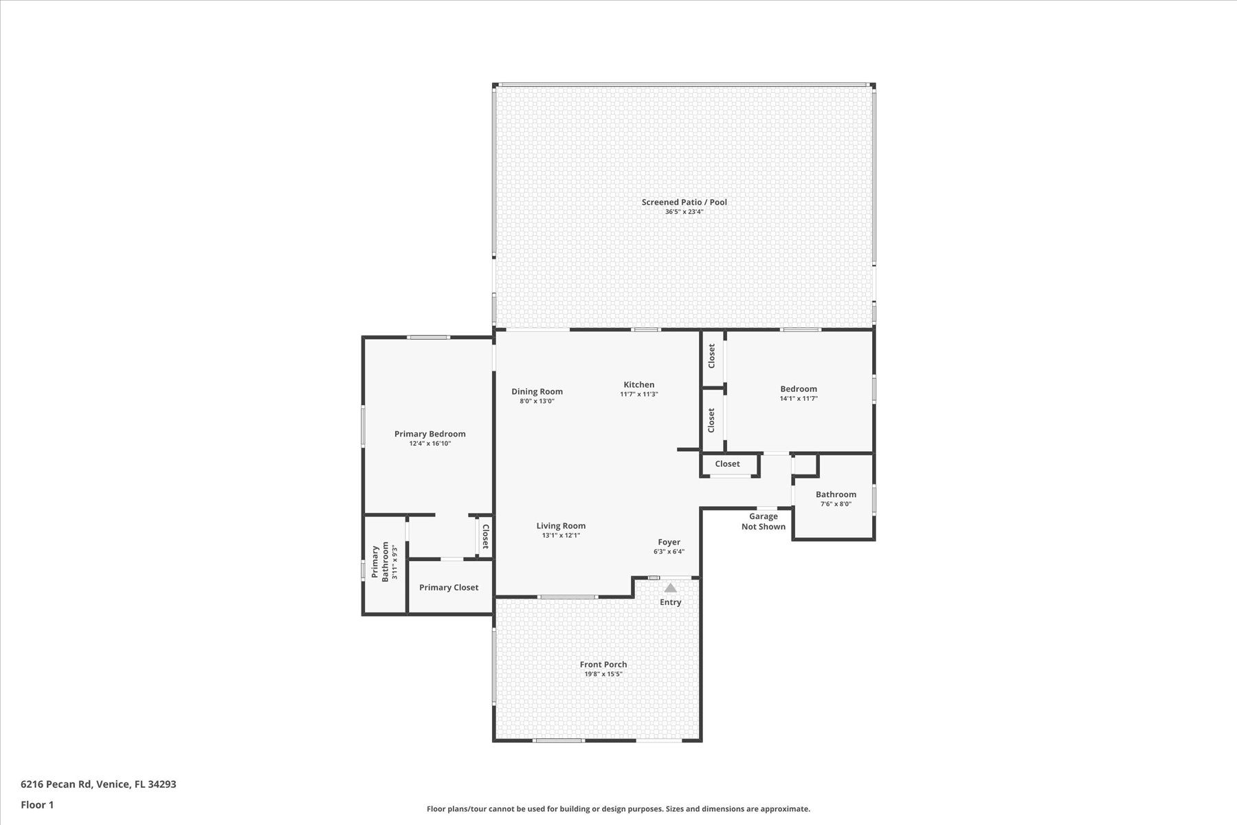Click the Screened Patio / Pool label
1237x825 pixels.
click(x=684, y=202)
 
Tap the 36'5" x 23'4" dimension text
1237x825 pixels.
click(x=684, y=212)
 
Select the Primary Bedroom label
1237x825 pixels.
click(x=430, y=434)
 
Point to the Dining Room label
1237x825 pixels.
click(x=537, y=392)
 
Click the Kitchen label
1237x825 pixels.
click(x=639, y=385)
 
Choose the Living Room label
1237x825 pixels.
click(x=561, y=526)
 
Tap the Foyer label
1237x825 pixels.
click(x=669, y=542)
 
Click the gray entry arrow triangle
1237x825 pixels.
click(x=670, y=588)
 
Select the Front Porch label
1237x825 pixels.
click(x=603, y=665)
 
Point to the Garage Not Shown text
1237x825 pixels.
click(x=764, y=522)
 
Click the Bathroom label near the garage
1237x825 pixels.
click(x=836, y=494)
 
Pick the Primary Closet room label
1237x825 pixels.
click(x=449, y=587)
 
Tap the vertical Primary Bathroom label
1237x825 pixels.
click(x=380, y=562)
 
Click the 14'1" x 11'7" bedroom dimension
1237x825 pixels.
click(x=799, y=399)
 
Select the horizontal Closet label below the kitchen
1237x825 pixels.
click(x=727, y=464)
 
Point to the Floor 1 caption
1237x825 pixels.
click(x=37, y=804)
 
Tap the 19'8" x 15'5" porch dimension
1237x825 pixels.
click(x=603, y=674)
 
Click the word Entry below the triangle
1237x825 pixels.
click(x=671, y=602)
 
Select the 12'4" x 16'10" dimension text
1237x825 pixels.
click(x=430, y=443)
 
